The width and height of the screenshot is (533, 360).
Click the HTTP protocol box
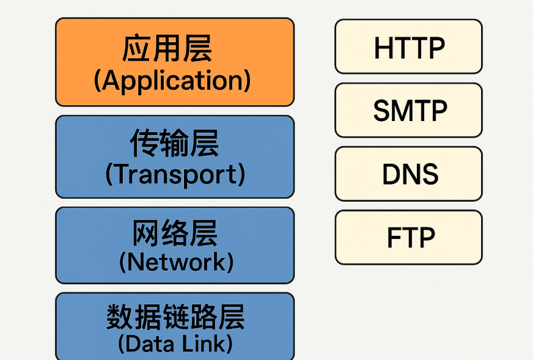(x=408, y=46)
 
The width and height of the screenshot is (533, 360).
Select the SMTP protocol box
(x=408, y=110)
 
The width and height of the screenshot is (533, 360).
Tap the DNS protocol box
(x=408, y=174)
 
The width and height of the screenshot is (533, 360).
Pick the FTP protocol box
(x=408, y=237)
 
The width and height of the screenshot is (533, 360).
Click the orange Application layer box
(x=175, y=62)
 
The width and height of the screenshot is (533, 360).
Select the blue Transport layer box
(x=175, y=156)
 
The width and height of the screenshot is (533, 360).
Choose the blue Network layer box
(x=175, y=245)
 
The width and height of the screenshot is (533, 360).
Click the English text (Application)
(x=172, y=81)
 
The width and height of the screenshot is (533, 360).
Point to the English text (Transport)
(x=175, y=175)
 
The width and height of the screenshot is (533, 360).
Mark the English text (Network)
(x=176, y=262)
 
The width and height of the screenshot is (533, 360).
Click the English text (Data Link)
(x=175, y=343)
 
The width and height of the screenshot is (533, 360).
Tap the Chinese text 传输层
(x=174, y=144)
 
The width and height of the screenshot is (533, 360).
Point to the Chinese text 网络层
(x=175, y=233)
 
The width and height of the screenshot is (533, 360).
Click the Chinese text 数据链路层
(x=175, y=317)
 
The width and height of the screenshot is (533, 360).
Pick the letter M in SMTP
(x=403, y=111)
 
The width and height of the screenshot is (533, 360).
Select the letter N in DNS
(x=409, y=175)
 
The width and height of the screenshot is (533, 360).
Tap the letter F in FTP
(x=394, y=238)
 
